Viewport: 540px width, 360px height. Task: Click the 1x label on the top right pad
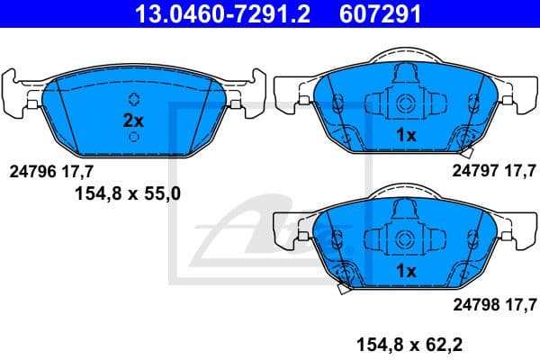point(405,135)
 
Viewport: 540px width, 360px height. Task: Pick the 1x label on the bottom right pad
point(405,271)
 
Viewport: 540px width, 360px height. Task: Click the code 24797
point(473,168)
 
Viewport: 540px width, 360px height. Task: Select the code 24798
point(473,303)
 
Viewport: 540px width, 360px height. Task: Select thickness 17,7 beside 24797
point(519,168)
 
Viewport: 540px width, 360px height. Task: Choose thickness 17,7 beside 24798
point(519,303)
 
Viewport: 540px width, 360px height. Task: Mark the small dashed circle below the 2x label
point(133,137)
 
